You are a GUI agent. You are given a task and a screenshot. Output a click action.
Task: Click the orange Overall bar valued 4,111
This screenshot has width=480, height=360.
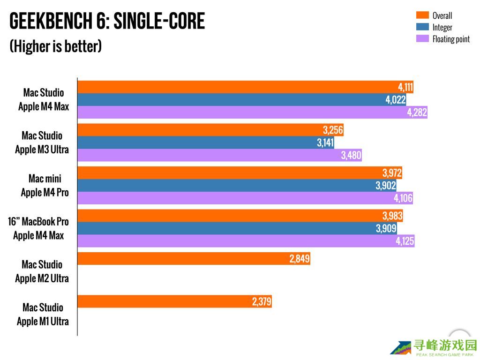coord(244,87)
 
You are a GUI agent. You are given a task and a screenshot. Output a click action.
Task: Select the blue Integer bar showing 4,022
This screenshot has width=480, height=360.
coord(241,100)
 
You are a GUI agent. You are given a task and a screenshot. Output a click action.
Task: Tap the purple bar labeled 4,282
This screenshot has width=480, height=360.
coord(252,112)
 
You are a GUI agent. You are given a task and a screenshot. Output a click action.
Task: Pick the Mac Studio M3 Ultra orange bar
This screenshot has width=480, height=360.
coord(210,130)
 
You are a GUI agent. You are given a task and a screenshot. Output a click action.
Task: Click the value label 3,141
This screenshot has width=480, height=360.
coord(325,142)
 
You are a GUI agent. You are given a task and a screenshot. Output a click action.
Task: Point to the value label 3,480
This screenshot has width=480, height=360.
coord(351,155)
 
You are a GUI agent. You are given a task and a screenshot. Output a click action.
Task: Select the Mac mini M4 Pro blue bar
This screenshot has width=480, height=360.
coord(237,186)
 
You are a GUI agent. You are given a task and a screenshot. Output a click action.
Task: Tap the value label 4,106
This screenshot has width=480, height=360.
coord(403,198)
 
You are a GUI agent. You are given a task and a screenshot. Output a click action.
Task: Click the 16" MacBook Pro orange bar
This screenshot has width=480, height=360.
coord(240,216)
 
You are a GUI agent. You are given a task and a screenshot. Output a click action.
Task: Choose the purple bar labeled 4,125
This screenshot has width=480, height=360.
coord(246,241)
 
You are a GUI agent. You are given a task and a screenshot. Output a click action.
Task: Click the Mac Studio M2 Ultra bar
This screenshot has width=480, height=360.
coord(194,259)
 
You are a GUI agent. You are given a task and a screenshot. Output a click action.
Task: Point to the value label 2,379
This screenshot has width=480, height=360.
coord(262,302)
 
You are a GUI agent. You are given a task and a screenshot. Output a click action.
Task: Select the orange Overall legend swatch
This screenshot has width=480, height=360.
coord(422,15)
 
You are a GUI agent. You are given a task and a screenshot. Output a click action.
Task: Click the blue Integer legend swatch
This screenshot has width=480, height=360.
coord(422,27)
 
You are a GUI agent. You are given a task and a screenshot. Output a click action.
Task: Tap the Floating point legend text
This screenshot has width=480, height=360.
coord(451,39)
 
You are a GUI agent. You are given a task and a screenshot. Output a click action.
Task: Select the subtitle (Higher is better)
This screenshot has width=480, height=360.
coord(55,46)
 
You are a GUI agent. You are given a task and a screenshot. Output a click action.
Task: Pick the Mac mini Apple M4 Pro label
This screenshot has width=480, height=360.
coord(45,186)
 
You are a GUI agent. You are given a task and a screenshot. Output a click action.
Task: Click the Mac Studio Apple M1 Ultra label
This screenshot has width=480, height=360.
coord(43,315)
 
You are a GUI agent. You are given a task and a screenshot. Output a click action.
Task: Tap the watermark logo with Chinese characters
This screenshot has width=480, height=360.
coord(434,347)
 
